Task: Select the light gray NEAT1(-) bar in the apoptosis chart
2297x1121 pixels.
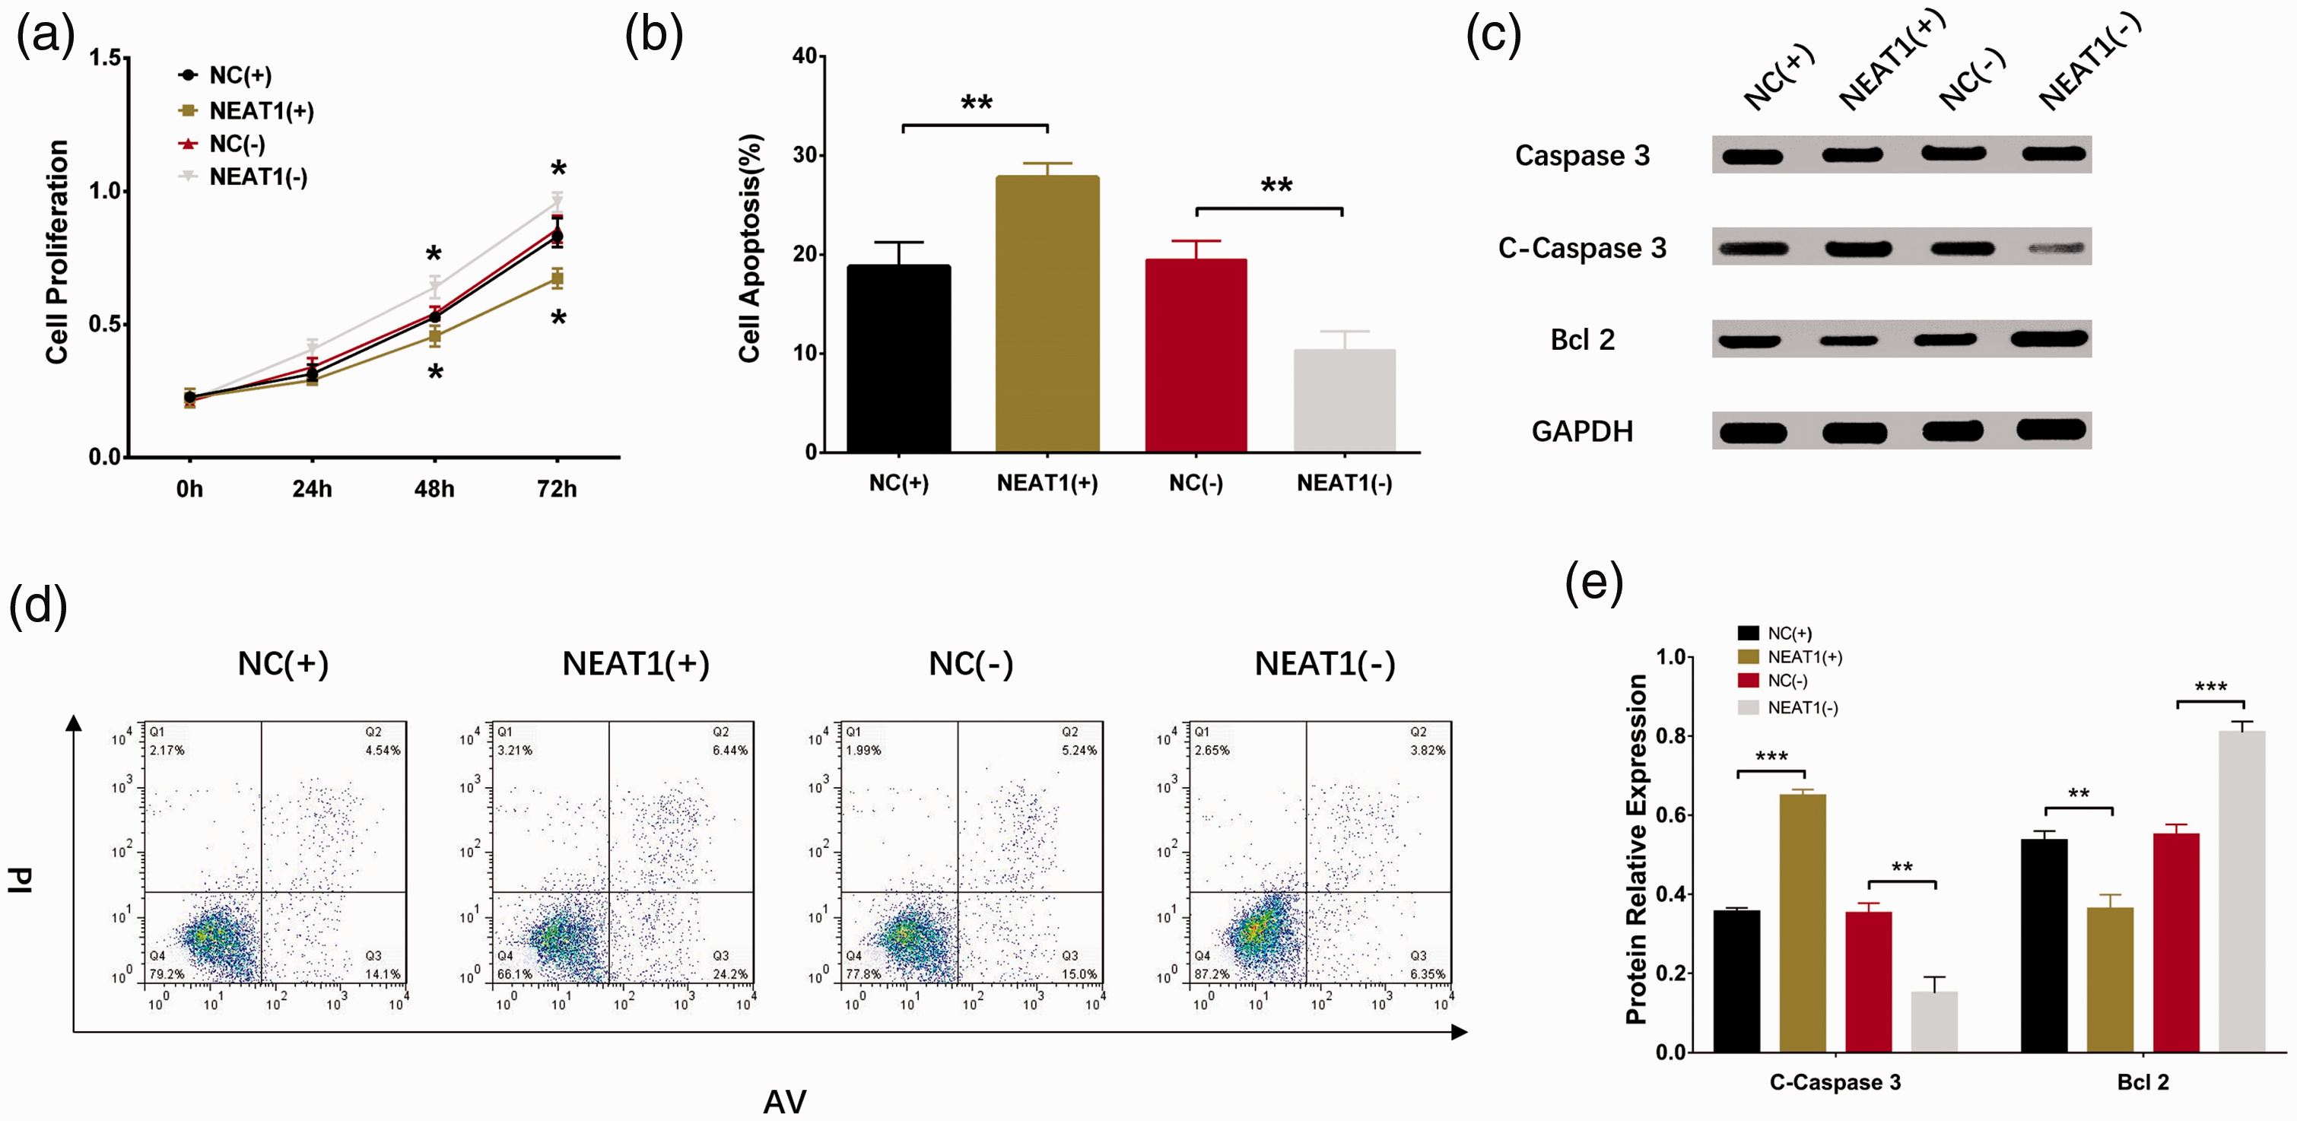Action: coord(1345,401)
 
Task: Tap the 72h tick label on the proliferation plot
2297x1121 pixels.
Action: coord(558,489)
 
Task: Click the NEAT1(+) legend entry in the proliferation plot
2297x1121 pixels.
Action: coord(246,110)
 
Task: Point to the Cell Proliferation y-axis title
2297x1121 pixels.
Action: coord(57,252)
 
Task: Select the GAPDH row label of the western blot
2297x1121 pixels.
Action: coord(1582,432)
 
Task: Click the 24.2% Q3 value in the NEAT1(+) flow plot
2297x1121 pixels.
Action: coord(730,974)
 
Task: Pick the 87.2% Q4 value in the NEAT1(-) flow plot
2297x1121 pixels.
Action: coord(1212,974)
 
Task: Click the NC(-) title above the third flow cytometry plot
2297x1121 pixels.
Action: coord(971,663)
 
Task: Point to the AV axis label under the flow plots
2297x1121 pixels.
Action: coord(785,1102)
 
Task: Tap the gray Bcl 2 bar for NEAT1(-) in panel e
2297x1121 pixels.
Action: coord(2241,892)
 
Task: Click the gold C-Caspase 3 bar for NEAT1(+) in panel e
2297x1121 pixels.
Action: coord(1802,923)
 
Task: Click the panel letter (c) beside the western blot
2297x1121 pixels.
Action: coord(1494,37)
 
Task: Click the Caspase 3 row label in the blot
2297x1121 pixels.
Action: coord(1582,155)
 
